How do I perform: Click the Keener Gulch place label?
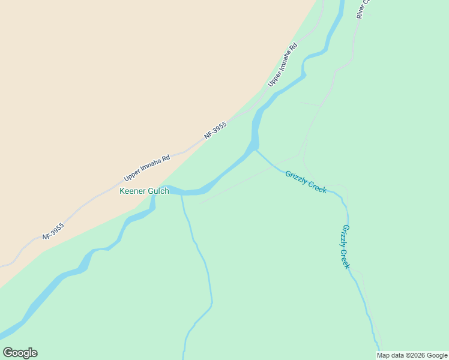click(x=144, y=191)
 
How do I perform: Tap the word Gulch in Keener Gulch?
click(x=158, y=191)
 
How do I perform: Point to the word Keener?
click(x=133, y=191)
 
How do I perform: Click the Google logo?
click(x=20, y=353)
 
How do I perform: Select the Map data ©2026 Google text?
click(x=412, y=355)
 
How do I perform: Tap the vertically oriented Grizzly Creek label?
click(x=345, y=247)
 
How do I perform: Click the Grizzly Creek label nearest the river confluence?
click(x=306, y=181)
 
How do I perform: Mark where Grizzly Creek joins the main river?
click(x=256, y=150)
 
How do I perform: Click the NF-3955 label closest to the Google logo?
click(x=53, y=231)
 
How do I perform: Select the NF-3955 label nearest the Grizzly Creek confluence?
click(x=215, y=131)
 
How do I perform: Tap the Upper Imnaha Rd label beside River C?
click(x=283, y=64)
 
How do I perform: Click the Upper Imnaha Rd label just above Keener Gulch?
click(x=147, y=168)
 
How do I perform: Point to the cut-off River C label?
click(x=364, y=8)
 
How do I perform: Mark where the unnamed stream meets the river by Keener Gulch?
click(x=181, y=194)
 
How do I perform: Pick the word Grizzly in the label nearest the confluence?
click(x=297, y=177)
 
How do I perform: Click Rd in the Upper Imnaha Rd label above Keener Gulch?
click(x=166, y=158)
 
